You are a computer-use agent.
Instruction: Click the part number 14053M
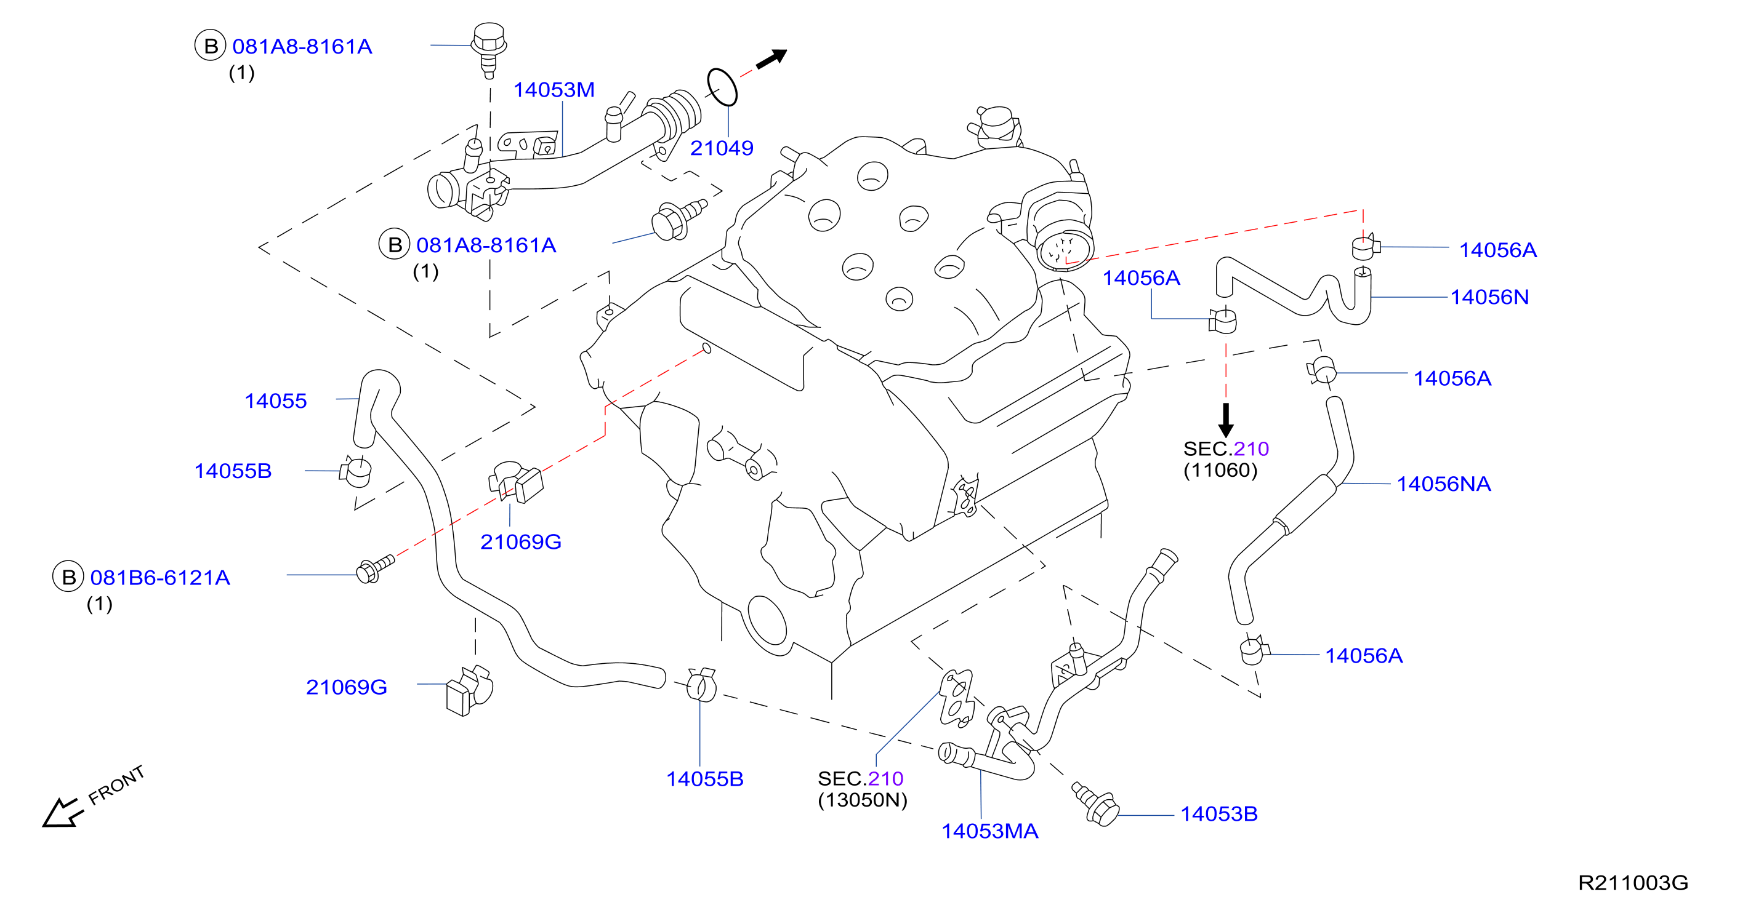(554, 90)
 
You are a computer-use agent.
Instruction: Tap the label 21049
(722, 148)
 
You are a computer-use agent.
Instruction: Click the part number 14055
(275, 401)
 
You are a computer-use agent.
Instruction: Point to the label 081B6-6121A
(160, 578)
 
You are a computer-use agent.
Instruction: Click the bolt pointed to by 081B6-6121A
(376, 568)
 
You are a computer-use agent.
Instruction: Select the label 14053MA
(990, 831)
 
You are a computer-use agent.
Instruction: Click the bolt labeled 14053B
(1095, 804)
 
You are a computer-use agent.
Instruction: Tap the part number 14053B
(1219, 814)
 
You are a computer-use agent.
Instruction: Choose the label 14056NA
(1444, 484)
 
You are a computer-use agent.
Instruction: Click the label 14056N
(1489, 297)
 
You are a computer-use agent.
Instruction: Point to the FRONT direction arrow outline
(63, 812)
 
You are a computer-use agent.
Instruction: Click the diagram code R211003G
(1633, 883)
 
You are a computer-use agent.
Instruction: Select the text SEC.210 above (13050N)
(860, 778)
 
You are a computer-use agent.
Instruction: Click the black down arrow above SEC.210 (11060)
(1226, 420)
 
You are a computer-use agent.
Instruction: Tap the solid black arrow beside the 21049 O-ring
(771, 58)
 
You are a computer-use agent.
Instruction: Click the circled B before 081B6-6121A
(68, 577)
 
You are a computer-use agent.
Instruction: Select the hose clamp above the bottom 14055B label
(701, 684)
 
